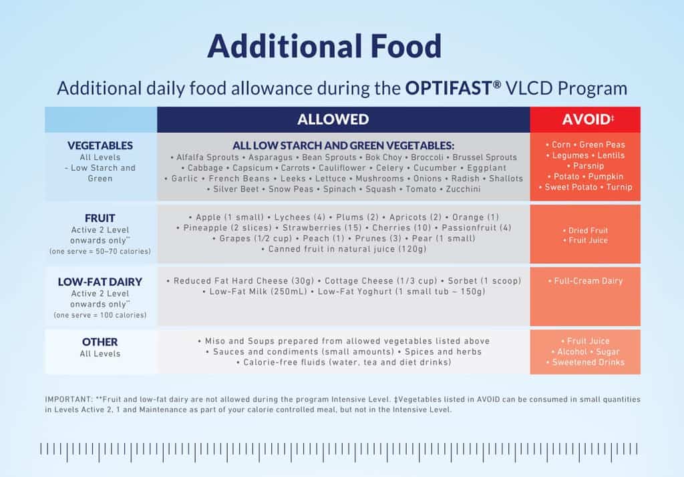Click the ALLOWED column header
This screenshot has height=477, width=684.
(x=343, y=119)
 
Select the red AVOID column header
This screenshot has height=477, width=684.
(x=585, y=119)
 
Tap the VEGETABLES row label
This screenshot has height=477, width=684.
(x=100, y=145)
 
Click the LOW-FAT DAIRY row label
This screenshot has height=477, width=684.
(x=100, y=282)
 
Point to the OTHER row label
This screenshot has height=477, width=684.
(x=100, y=342)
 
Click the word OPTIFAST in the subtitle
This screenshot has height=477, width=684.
(x=452, y=88)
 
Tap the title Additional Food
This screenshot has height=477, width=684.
(x=325, y=47)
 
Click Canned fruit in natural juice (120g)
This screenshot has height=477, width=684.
(x=344, y=249)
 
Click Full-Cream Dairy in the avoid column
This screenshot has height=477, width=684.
(x=585, y=281)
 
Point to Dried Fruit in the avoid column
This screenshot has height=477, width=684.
(x=585, y=230)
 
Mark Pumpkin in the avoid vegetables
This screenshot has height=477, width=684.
(x=606, y=177)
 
